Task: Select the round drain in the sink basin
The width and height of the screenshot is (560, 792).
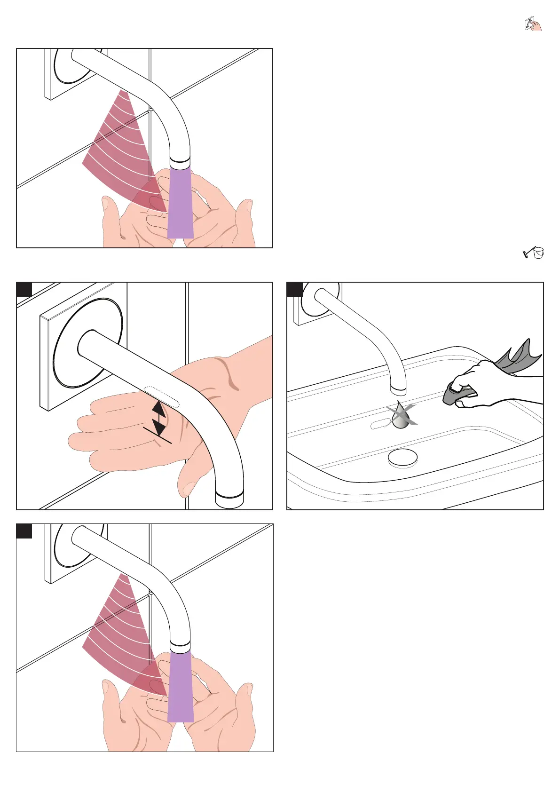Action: [x=402, y=458]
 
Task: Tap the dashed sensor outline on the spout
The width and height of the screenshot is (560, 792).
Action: [x=162, y=396]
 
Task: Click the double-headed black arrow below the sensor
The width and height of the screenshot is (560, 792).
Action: [x=159, y=418]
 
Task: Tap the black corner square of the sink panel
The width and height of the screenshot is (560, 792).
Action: [x=294, y=289]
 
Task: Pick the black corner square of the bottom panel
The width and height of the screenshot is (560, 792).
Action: [x=24, y=531]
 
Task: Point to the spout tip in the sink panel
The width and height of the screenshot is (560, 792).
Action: [x=399, y=389]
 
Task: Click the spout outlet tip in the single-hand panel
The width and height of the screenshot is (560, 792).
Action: [x=229, y=499]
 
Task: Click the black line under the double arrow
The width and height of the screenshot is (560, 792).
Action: [x=158, y=436]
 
